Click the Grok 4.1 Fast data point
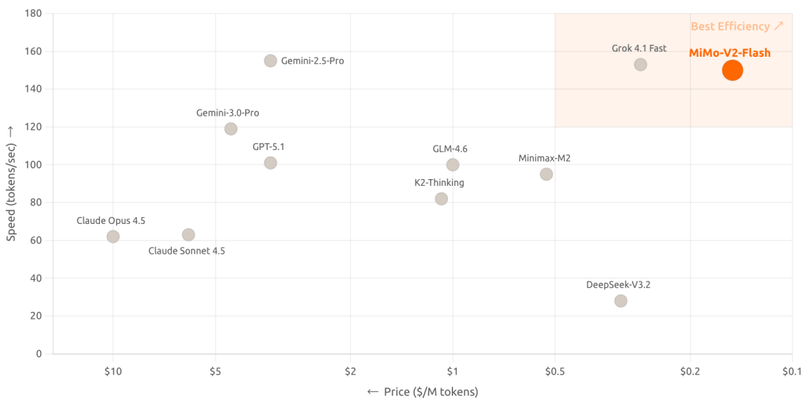pos(640,64)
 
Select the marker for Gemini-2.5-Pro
pos(270,60)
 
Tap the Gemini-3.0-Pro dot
pos(231,128)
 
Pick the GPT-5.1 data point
pos(270,163)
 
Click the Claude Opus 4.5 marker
pos(113,237)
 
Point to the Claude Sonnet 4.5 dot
pos(188,234)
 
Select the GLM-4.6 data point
pos(452,165)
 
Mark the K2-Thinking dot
pos(441,199)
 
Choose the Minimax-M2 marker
pos(546,174)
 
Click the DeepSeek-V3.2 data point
pos(620,301)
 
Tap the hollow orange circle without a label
pos(732,70)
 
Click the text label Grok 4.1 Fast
pos(639,49)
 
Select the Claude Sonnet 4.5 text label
pos(187,252)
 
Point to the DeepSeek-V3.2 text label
pos(619,284)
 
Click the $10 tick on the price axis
pos(113,369)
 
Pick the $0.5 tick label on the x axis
pos(554,369)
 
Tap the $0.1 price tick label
pos(792,369)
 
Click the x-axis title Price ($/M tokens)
pos(422,392)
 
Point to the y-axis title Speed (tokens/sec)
pos(11,183)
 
